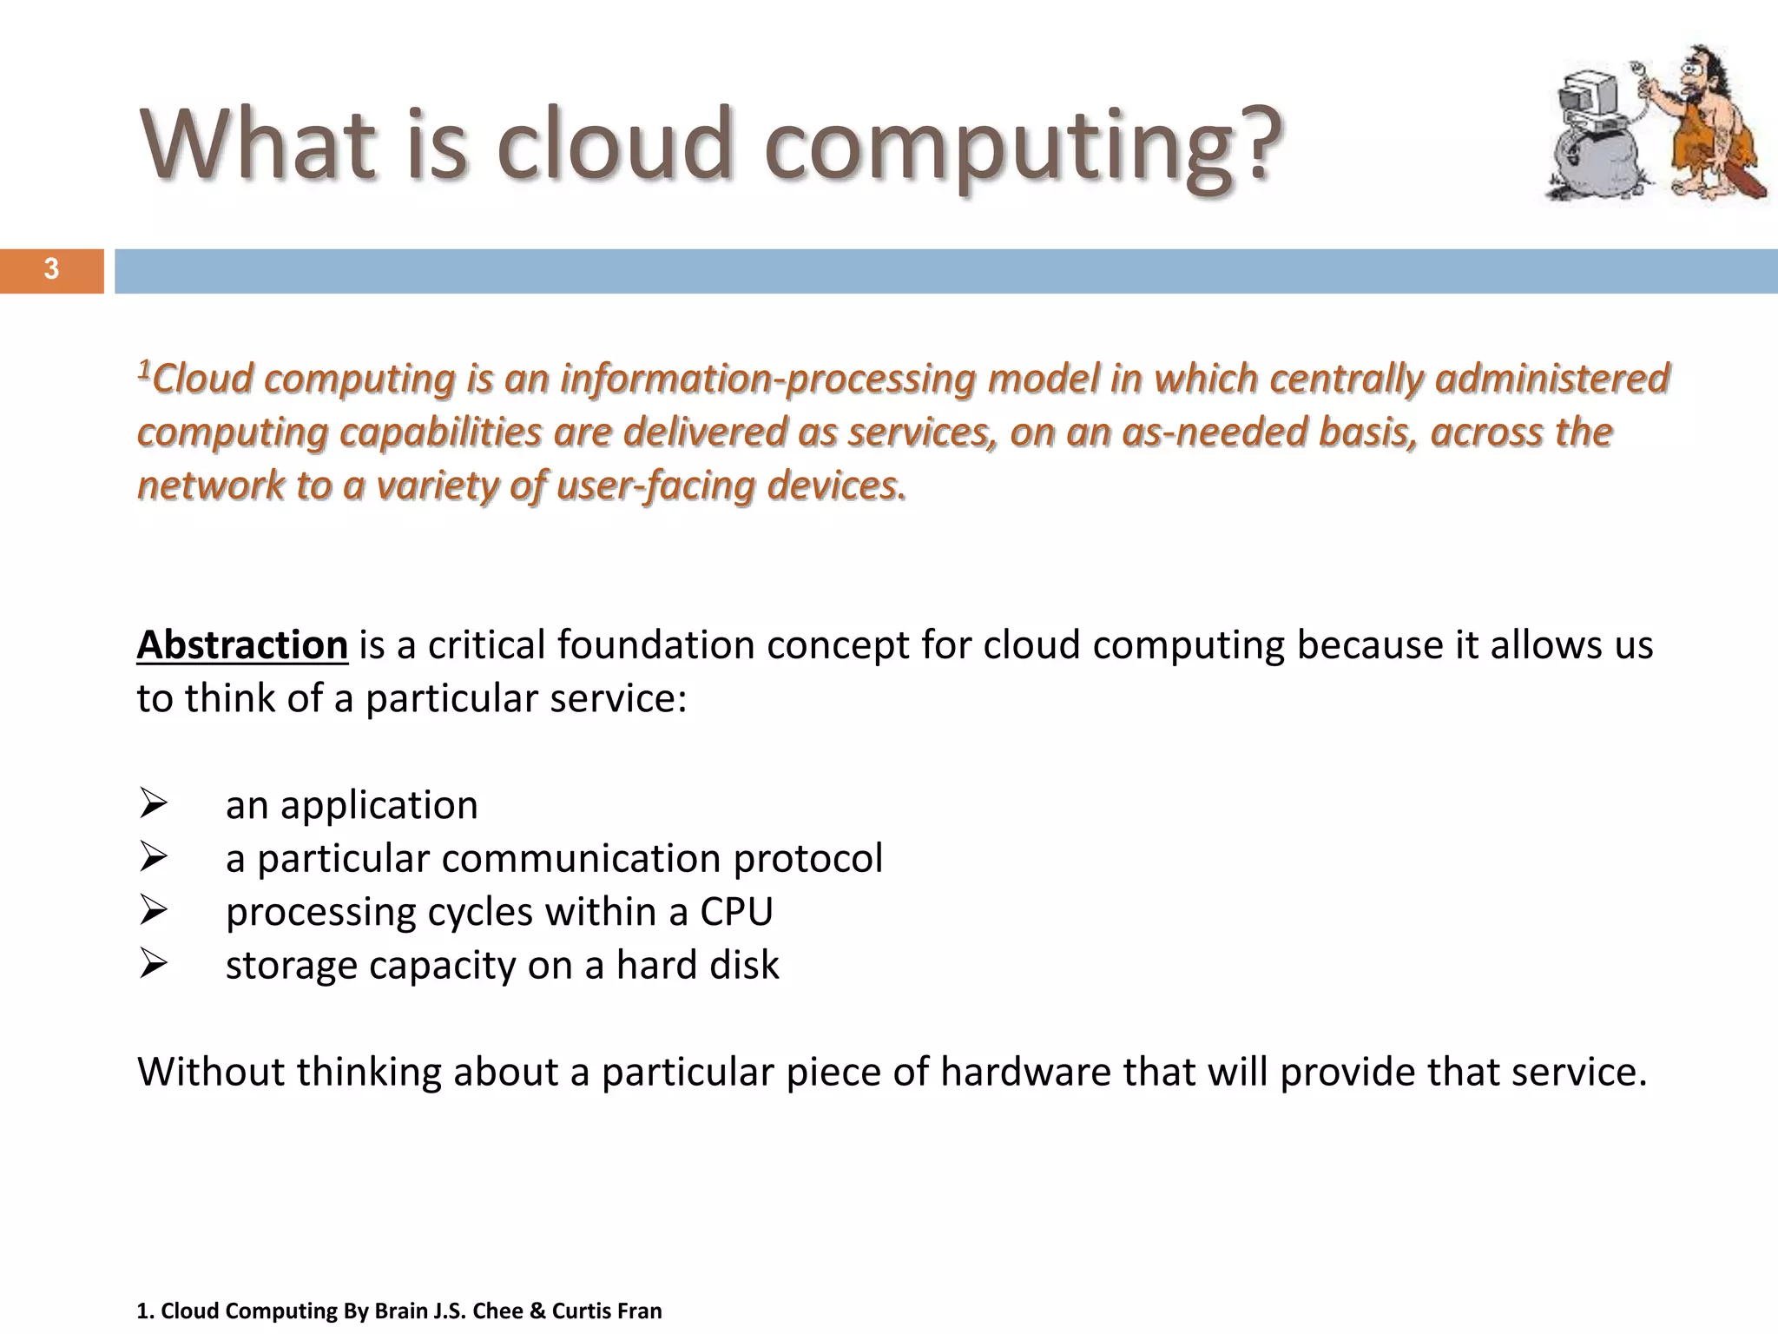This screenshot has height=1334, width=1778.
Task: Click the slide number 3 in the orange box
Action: tap(51, 270)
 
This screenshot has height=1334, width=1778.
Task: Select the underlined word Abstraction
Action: tap(242, 645)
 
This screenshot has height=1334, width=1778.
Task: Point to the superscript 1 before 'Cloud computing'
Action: tap(144, 372)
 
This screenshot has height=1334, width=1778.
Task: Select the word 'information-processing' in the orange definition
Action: tap(767, 380)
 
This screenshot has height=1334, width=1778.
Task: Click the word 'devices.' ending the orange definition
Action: tap(837, 485)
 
